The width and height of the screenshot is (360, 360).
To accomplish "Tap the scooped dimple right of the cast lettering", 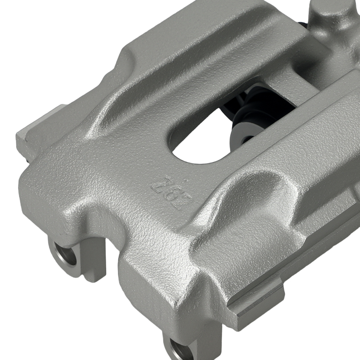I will coord(248,194).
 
